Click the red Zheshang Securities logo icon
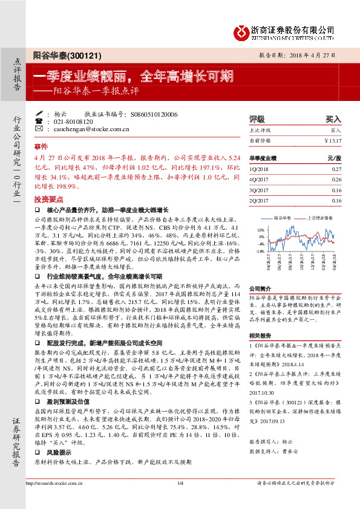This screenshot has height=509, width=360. point(241,31)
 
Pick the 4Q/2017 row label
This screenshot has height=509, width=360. point(259,180)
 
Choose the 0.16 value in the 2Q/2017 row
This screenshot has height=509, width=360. point(336,200)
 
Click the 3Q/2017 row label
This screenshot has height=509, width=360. point(259,190)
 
